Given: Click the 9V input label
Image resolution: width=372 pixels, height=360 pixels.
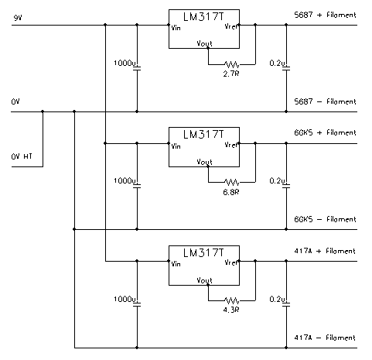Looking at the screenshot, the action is tap(18, 18).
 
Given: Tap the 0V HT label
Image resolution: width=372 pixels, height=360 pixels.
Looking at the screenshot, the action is tap(22, 156).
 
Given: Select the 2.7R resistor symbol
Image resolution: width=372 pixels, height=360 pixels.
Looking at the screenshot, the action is tap(232, 64).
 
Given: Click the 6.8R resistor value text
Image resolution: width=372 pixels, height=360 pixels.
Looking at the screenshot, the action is tap(231, 192).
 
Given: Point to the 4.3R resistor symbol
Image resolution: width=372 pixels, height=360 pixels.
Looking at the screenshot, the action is tap(232, 300).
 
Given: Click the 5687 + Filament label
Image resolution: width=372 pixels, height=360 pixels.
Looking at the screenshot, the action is tap(325, 15).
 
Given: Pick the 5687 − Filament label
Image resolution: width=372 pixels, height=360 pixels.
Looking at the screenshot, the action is tap(325, 101).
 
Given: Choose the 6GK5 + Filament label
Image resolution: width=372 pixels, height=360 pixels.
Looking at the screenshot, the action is tap(325, 132).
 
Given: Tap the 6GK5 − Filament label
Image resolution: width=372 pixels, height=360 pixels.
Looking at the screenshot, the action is tap(325, 219).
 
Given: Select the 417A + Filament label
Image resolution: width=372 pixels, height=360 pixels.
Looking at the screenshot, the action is tap(325, 251).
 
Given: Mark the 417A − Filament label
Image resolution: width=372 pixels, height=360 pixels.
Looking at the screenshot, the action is tap(325, 338).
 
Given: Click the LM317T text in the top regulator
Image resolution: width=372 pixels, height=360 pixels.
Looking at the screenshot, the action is tap(203, 17).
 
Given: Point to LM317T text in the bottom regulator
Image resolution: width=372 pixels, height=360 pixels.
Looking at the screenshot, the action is tap(203, 253).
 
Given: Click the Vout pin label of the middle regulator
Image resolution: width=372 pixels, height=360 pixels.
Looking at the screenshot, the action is tap(204, 162).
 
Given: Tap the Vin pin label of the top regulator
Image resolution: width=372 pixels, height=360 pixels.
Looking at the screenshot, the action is tap(176, 28).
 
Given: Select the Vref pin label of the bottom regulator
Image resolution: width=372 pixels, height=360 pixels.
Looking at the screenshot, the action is tap(231, 262).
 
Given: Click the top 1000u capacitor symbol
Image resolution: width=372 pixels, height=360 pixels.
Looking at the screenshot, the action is tap(137, 68).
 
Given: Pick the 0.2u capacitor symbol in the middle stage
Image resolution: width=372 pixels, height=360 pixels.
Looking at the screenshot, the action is tap(286, 186).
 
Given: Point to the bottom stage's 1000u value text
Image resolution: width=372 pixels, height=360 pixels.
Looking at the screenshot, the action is tap(125, 299).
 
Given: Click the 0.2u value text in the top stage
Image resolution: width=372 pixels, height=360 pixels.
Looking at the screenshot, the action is tap(277, 63).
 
